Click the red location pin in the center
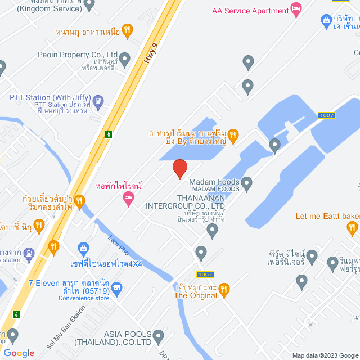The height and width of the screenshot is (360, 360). point(179,169)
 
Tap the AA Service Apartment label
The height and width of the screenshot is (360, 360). point(249,11)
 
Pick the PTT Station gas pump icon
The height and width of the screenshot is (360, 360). point(98,102)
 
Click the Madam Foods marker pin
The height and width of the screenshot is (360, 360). point(247,182)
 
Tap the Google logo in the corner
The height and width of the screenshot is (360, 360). point(18,353)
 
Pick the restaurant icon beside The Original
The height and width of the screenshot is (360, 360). point(224,290)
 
